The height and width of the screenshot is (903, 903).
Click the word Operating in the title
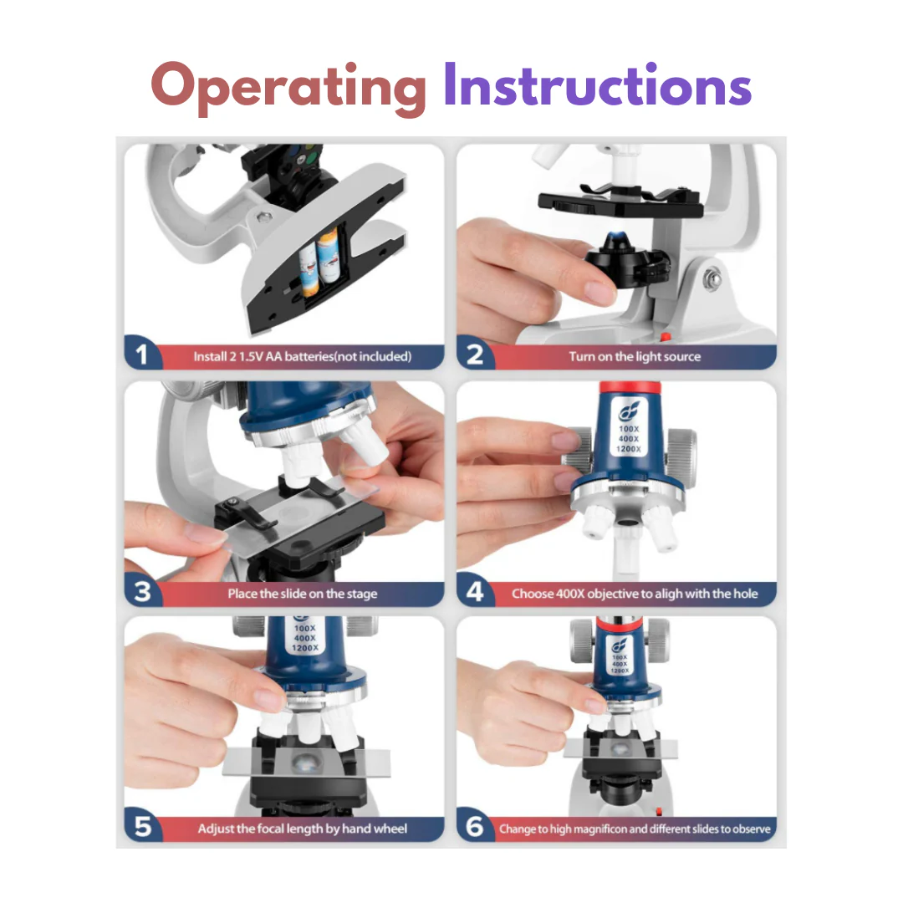[x=288, y=88]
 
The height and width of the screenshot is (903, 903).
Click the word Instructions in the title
[x=597, y=85]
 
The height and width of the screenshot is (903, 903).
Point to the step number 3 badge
[x=142, y=591]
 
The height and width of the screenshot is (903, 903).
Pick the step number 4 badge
[x=475, y=591]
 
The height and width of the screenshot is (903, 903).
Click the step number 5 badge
[x=142, y=826]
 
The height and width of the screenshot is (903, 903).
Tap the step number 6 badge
[x=475, y=826]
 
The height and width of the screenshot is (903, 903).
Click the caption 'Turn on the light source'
[x=635, y=356]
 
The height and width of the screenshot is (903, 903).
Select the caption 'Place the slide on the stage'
[x=303, y=593]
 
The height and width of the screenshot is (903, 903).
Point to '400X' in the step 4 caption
[x=570, y=593]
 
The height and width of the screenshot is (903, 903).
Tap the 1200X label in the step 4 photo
[x=628, y=449]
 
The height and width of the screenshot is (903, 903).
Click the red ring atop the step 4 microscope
[x=630, y=387]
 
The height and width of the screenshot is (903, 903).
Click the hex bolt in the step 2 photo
[x=712, y=280]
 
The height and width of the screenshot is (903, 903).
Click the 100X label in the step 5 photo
[x=304, y=628]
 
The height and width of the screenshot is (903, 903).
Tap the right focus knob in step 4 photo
[x=682, y=454]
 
